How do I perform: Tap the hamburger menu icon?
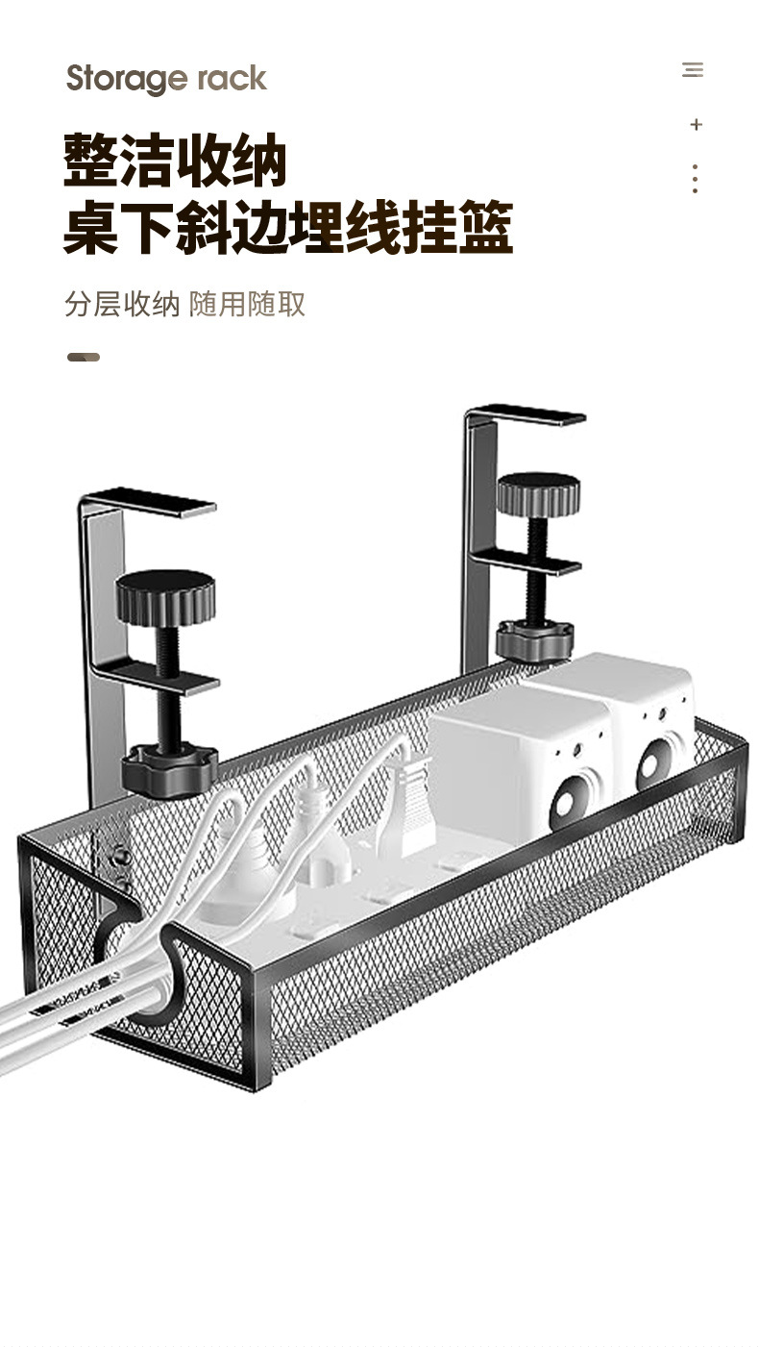click(x=693, y=69)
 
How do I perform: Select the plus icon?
click(x=696, y=125)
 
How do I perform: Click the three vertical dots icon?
click(x=695, y=179)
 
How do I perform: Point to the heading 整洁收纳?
click(x=176, y=161)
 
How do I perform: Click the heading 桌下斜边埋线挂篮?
click(x=287, y=228)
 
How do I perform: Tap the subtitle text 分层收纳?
click(x=122, y=304)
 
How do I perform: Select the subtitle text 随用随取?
click(x=248, y=304)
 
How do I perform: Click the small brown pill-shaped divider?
click(x=84, y=357)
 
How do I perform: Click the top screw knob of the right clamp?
click(x=538, y=493)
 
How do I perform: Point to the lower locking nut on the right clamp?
click(x=535, y=639)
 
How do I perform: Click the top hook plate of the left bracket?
click(x=149, y=502)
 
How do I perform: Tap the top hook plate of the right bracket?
click(x=526, y=414)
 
